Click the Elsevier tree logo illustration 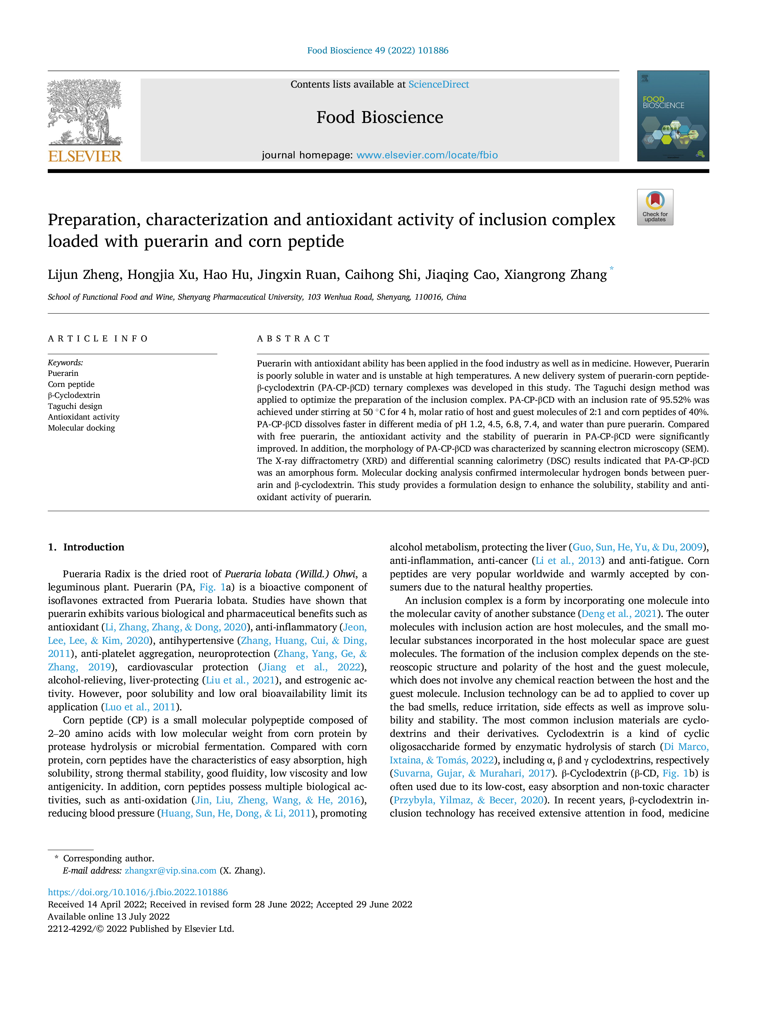(85, 112)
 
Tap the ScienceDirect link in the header (439, 85)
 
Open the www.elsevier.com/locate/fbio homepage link (427, 155)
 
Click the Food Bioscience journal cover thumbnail (673, 116)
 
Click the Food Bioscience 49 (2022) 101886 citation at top (378, 50)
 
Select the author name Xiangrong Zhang (555, 275)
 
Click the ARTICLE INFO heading (98, 338)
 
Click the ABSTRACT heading (293, 338)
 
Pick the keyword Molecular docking (82, 428)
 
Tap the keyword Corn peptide (71, 384)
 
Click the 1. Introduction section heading (86, 547)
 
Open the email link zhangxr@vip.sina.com (171, 870)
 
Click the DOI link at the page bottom (138, 892)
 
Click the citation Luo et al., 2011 (140, 707)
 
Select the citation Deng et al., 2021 (619, 614)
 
